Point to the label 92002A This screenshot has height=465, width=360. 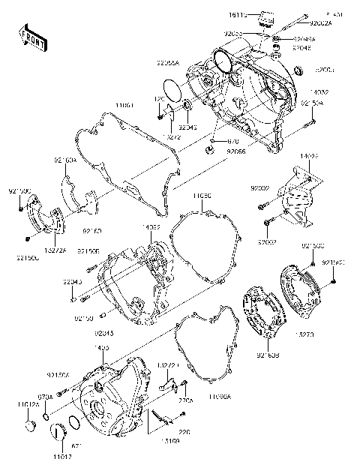pyautogui.click(x=321, y=23)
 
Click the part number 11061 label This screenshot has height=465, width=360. pyautogui.click(x=124, y=106)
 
